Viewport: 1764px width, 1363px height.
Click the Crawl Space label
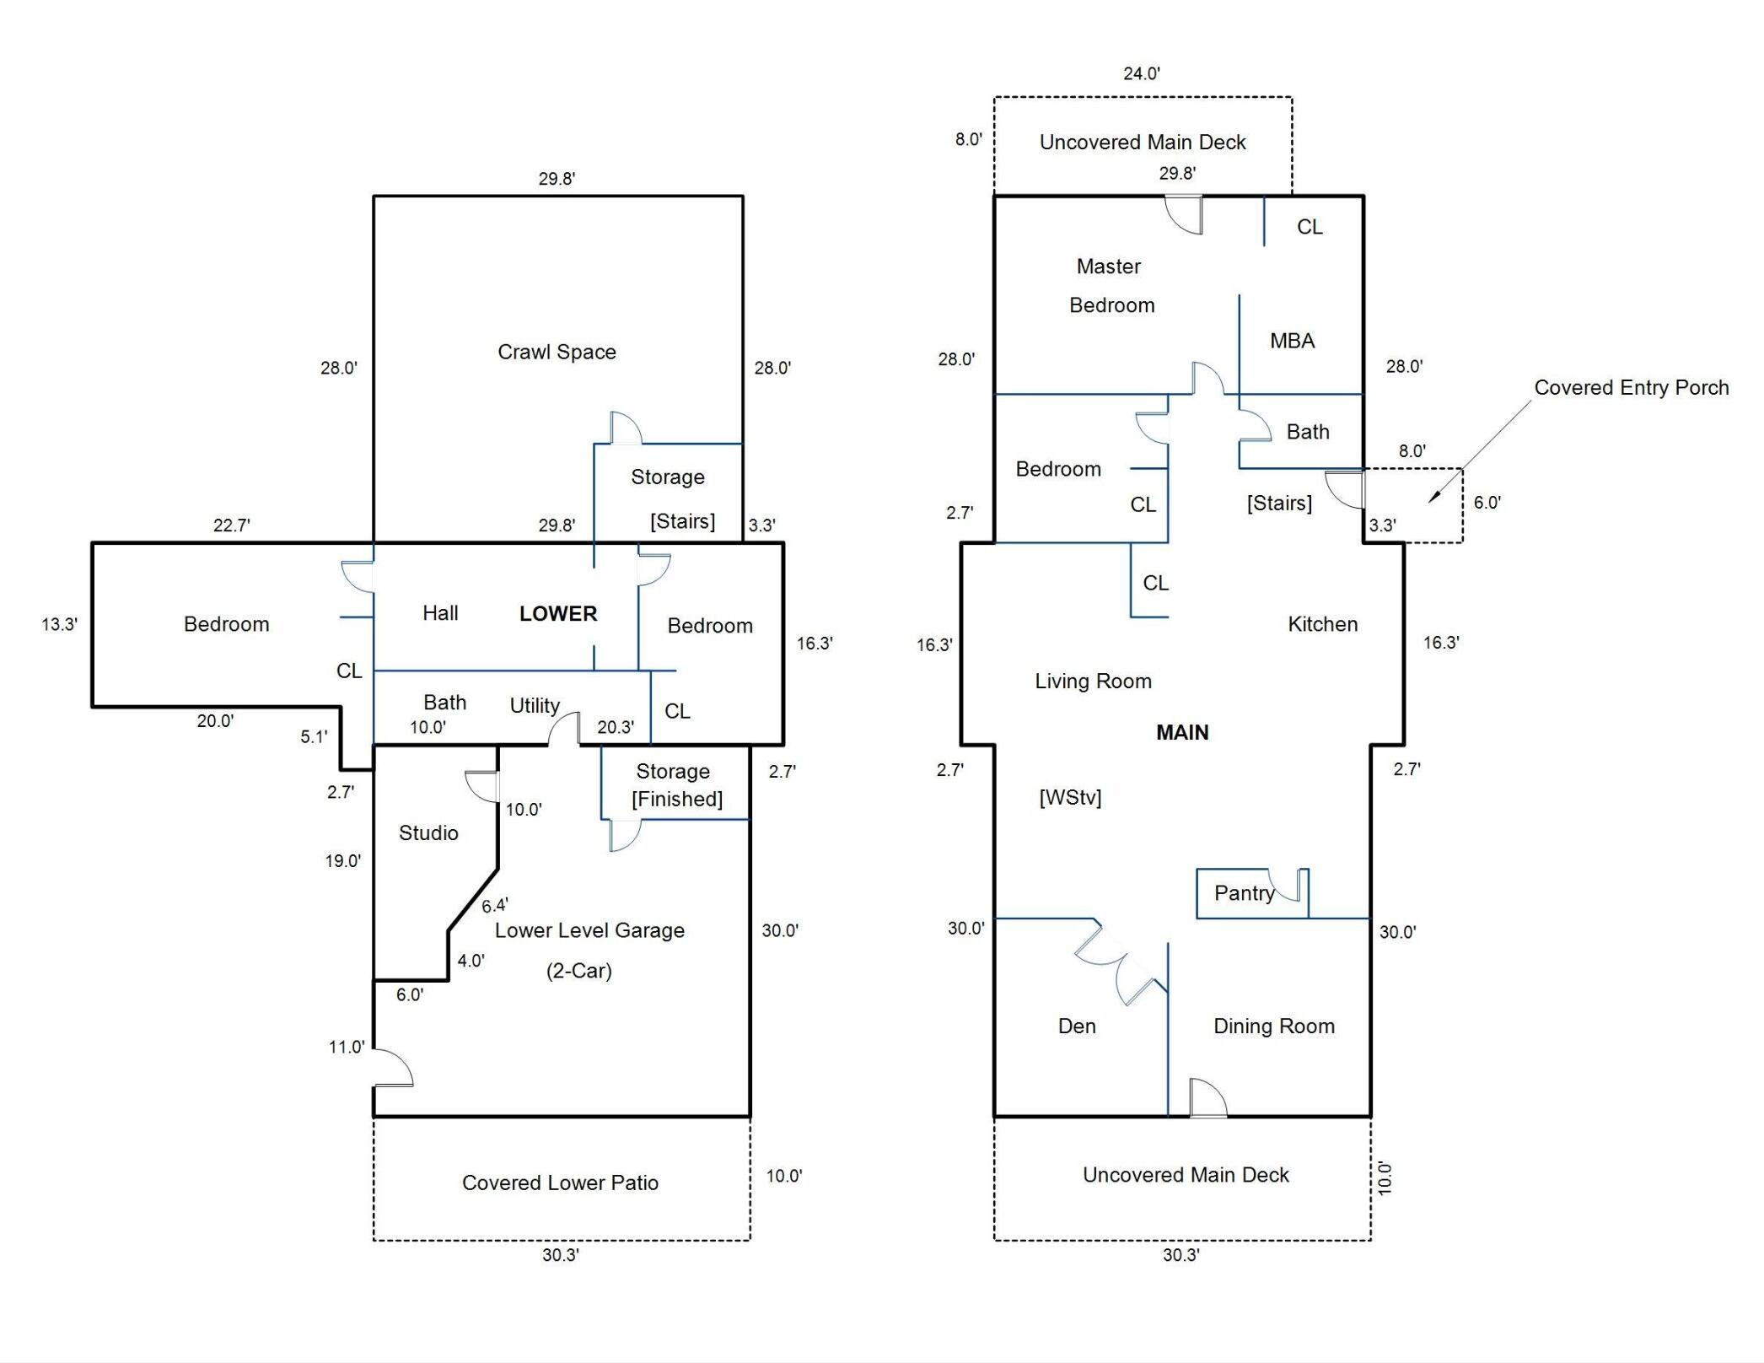(557, 352)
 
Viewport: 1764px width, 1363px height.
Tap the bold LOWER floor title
(557, 613)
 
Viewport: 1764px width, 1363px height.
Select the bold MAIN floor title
(1181, 732)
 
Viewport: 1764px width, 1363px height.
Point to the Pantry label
(1244, 892)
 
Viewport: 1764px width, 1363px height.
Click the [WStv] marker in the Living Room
(1069, 797)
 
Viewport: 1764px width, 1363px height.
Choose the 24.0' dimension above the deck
(1141, 73)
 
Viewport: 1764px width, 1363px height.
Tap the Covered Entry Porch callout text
(1631, 387)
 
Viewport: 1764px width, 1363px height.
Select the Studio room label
(428, 832)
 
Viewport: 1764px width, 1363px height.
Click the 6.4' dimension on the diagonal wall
(494, 905)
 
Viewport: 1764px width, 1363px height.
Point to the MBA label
(1292, 341)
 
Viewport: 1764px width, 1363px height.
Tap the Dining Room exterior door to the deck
(1207, 1098)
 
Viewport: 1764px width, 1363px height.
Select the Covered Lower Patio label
(560, 1183)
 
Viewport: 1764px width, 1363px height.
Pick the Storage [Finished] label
(676, 784)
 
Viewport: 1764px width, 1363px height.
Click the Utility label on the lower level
(535, 705)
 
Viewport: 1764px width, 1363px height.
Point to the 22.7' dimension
(231, 525)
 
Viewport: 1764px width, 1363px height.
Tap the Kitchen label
(1322, 624)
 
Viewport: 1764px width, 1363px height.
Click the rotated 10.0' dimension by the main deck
(1385, 1177)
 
